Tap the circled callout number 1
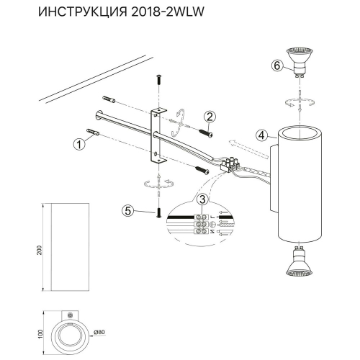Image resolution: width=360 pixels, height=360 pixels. click(79, 143)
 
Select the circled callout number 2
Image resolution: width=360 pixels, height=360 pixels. click(210, 117)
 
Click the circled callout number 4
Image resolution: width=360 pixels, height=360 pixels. click(264, 134)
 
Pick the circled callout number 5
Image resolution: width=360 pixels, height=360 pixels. click(127, 211)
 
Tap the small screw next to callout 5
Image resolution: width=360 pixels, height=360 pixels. click(156, 213)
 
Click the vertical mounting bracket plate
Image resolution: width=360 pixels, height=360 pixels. click(156, 136)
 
